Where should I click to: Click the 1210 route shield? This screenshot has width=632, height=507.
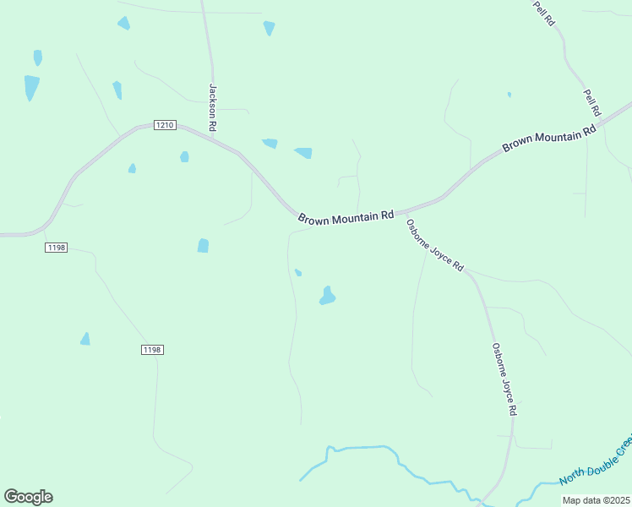pos(165,125)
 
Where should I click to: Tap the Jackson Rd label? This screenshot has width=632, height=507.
pos(213,106)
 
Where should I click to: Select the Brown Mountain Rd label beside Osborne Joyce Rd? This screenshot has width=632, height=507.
pos(346,217)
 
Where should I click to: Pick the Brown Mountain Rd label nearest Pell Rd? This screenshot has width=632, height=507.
pos(549,136)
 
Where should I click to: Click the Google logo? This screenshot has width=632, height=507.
pos(28,497)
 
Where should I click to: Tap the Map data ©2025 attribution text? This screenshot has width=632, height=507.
pos(597,500)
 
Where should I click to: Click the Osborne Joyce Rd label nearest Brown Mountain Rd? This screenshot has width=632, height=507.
pos(435,246)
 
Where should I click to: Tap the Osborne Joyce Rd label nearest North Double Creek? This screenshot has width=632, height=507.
pos(504,379)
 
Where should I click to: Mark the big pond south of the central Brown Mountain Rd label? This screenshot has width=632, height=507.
pos(327,296)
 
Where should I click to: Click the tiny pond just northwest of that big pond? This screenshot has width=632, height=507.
pos(297,271)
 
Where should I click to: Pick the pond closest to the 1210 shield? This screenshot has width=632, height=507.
pos(184,156)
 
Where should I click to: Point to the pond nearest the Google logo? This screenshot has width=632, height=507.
pos(85,339)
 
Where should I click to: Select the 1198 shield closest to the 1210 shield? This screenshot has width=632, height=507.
pos(57,248)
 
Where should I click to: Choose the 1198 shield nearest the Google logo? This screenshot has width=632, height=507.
pos(152,349)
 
